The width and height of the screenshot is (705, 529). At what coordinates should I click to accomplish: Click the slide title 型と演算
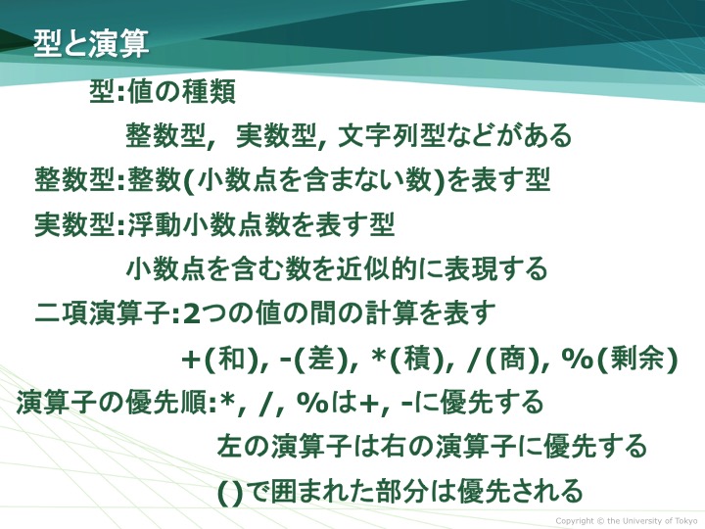(91, 44)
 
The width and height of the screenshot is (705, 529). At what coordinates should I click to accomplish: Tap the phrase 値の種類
(182, 92)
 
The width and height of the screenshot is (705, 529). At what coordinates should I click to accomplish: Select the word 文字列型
(391, 135)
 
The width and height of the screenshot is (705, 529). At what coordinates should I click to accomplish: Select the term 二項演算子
(102, 313)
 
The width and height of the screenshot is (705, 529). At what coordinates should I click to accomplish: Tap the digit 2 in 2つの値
(192, 313)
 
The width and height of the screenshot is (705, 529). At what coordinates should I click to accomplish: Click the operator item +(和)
(219, 360)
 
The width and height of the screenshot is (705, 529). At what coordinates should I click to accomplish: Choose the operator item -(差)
(313, 360)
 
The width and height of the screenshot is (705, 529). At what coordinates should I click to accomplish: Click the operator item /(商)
(502, 360)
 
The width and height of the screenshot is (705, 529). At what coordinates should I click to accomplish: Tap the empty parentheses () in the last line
(230, 492)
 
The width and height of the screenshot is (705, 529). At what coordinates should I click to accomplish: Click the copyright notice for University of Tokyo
(627, 521)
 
